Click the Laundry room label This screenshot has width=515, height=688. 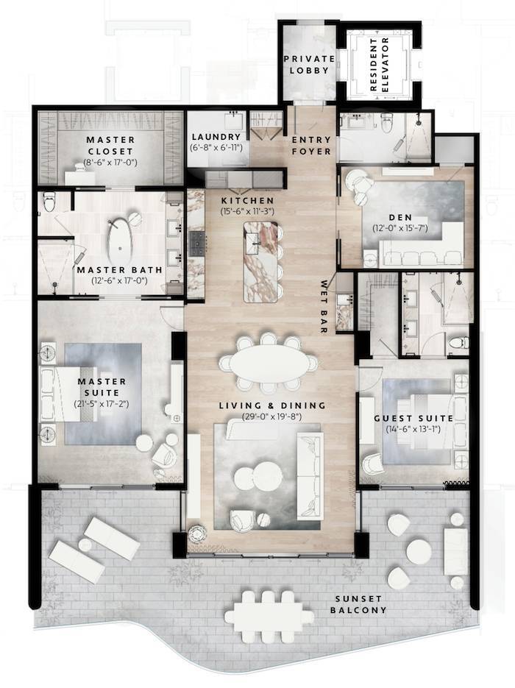click(x=216, y=138)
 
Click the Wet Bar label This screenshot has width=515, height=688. click(x=324, y=306)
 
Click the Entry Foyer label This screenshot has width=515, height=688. click(x=310, y=145)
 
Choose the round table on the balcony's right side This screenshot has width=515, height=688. click(x=419, y=551)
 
